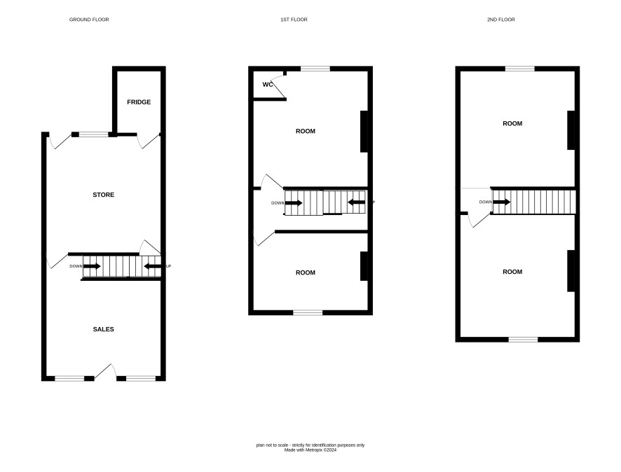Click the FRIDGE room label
coord(139,102)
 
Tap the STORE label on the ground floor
coord(103,195)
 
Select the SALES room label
coord(103,329)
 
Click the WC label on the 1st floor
coord(267,85)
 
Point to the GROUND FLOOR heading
coord(89,20)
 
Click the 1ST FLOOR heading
coord(294,20)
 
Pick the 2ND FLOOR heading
coord(501,20)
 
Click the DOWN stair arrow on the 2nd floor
coord(501,202)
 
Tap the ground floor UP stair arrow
coord(152,266)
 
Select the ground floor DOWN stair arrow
coord(92,266)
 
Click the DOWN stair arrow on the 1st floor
coord(294,203)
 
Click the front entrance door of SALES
coord(105,372)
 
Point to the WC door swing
coord(279,85)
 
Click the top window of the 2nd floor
coord(520,69)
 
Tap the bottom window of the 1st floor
coord(308,312)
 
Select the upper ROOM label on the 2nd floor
coord(512,123)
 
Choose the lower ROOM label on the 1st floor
coord(306,272)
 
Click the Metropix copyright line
coord(310,450)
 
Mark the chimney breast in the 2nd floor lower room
coord(571,271)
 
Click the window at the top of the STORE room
coord(93,134)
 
